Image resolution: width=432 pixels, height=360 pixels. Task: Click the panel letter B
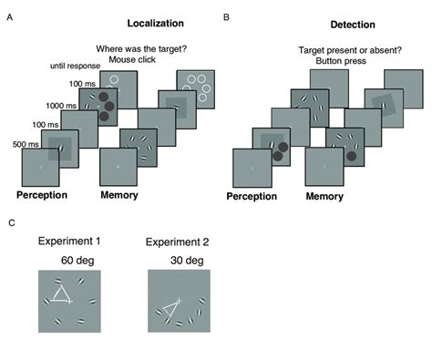(x=226, y=16)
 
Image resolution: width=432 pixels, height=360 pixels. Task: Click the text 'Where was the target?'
(x=135, y=50)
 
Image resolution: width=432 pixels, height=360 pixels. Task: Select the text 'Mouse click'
(x=135, y=62)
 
